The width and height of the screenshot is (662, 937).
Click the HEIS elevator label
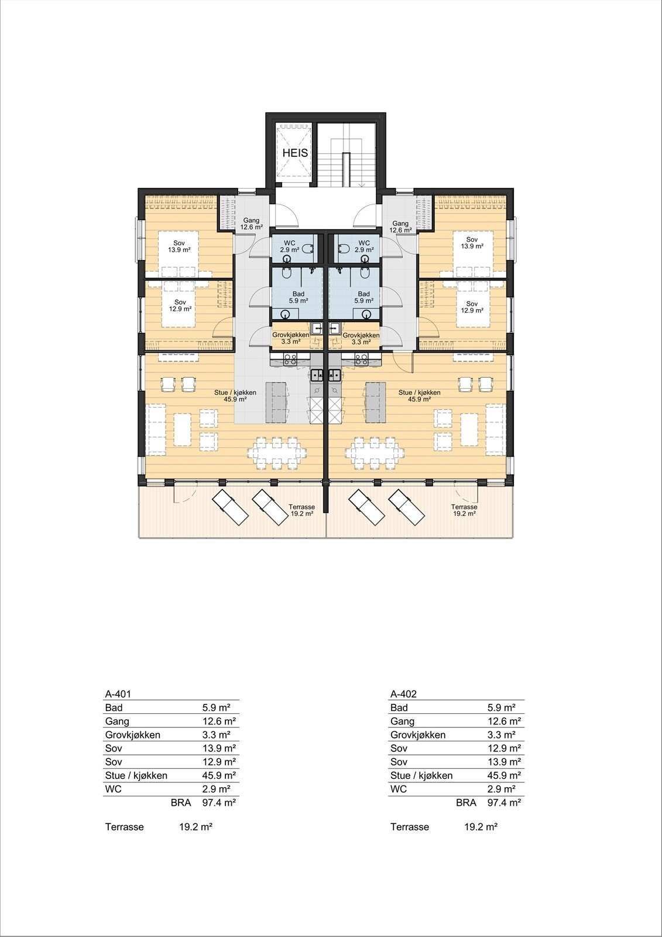[295, 153]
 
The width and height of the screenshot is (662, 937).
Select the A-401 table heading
[118, 694]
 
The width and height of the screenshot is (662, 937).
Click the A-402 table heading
[403, 694]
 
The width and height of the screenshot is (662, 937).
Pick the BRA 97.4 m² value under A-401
[218, 803]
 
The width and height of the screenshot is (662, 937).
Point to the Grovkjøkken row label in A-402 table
[418, 735]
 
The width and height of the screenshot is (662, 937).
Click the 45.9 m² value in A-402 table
[504, 775]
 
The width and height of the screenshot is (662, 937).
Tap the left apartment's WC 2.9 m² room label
[290, 246]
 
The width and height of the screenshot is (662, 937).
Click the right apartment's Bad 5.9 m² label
[363, 297]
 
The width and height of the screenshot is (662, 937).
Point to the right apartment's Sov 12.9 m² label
[472, 306]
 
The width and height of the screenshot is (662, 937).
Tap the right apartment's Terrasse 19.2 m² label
[464, 509]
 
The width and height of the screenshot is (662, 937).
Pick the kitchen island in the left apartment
[277, 402]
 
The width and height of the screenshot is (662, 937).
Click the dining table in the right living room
[375, 453]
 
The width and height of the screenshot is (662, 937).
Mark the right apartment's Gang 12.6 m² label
[400, 227]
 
